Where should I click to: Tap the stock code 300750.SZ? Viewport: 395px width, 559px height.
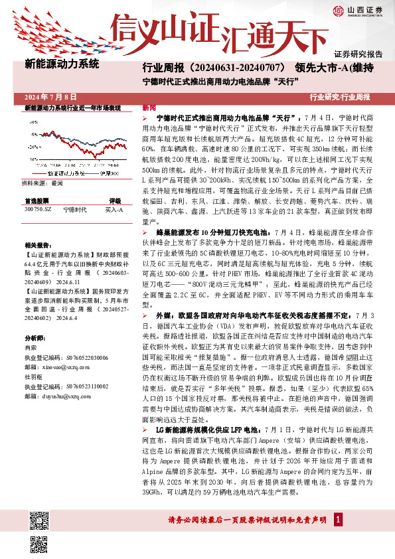coord(37,209)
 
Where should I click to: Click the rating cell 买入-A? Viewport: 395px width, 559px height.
coord(114,209)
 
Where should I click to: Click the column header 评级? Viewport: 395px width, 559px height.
coord(115,200)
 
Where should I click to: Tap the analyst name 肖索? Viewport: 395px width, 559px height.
coord(31,348)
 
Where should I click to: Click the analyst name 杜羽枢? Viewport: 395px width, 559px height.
coord(33,374)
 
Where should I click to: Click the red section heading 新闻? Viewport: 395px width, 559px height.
coord(150,108)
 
